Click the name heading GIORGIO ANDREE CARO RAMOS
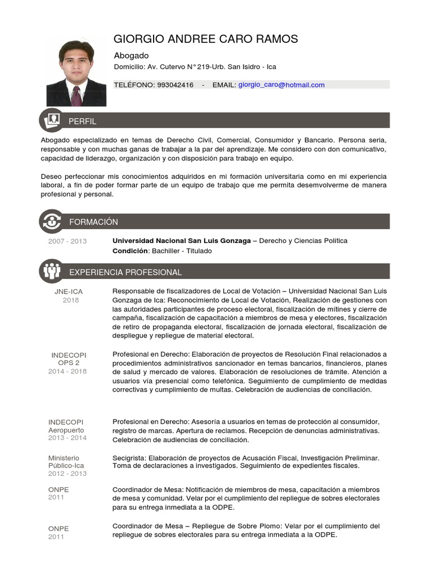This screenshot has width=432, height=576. click(206, 39)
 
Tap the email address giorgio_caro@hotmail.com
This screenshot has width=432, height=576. click(281, 85)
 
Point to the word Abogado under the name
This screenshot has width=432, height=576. click(131, 56)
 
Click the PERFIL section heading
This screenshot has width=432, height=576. click(82, 121)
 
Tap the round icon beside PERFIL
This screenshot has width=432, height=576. click(52, 120)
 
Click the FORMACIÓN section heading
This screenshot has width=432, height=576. click(93, 222)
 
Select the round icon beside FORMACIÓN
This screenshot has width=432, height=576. click(52, 221)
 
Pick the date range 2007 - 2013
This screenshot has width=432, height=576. click(67, 241)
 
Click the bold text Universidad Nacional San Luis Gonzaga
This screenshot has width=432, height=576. click(182, 241)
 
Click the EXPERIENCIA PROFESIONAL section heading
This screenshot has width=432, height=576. click(125, 272)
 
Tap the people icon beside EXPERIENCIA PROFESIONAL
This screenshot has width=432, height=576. click(52, 272)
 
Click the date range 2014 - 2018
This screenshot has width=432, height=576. click(67, 371)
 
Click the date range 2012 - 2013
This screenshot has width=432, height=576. click(67, 473)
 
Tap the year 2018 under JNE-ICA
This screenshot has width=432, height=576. click(71, 300)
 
